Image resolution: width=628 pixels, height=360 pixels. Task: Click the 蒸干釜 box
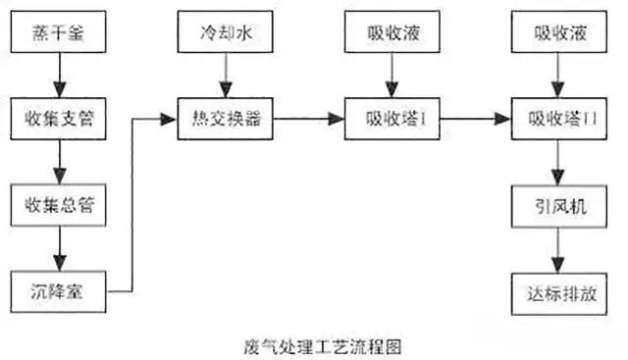pos(59,34)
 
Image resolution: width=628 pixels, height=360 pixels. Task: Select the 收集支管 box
pos(59,120)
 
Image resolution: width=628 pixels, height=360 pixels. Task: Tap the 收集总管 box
pos(59,205)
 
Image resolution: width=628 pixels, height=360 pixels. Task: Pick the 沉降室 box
pos(59,290)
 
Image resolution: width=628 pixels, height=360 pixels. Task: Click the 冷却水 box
pos(226,34)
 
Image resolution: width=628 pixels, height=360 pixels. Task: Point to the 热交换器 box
pos(226,120)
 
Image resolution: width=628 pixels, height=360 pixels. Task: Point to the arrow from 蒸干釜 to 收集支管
pos(59,77)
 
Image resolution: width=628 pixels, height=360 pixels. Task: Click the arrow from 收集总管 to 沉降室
pos(59,247)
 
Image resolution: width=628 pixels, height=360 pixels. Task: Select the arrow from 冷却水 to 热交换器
pos(226,77)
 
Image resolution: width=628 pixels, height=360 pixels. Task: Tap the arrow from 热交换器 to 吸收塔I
pos(310,120)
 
